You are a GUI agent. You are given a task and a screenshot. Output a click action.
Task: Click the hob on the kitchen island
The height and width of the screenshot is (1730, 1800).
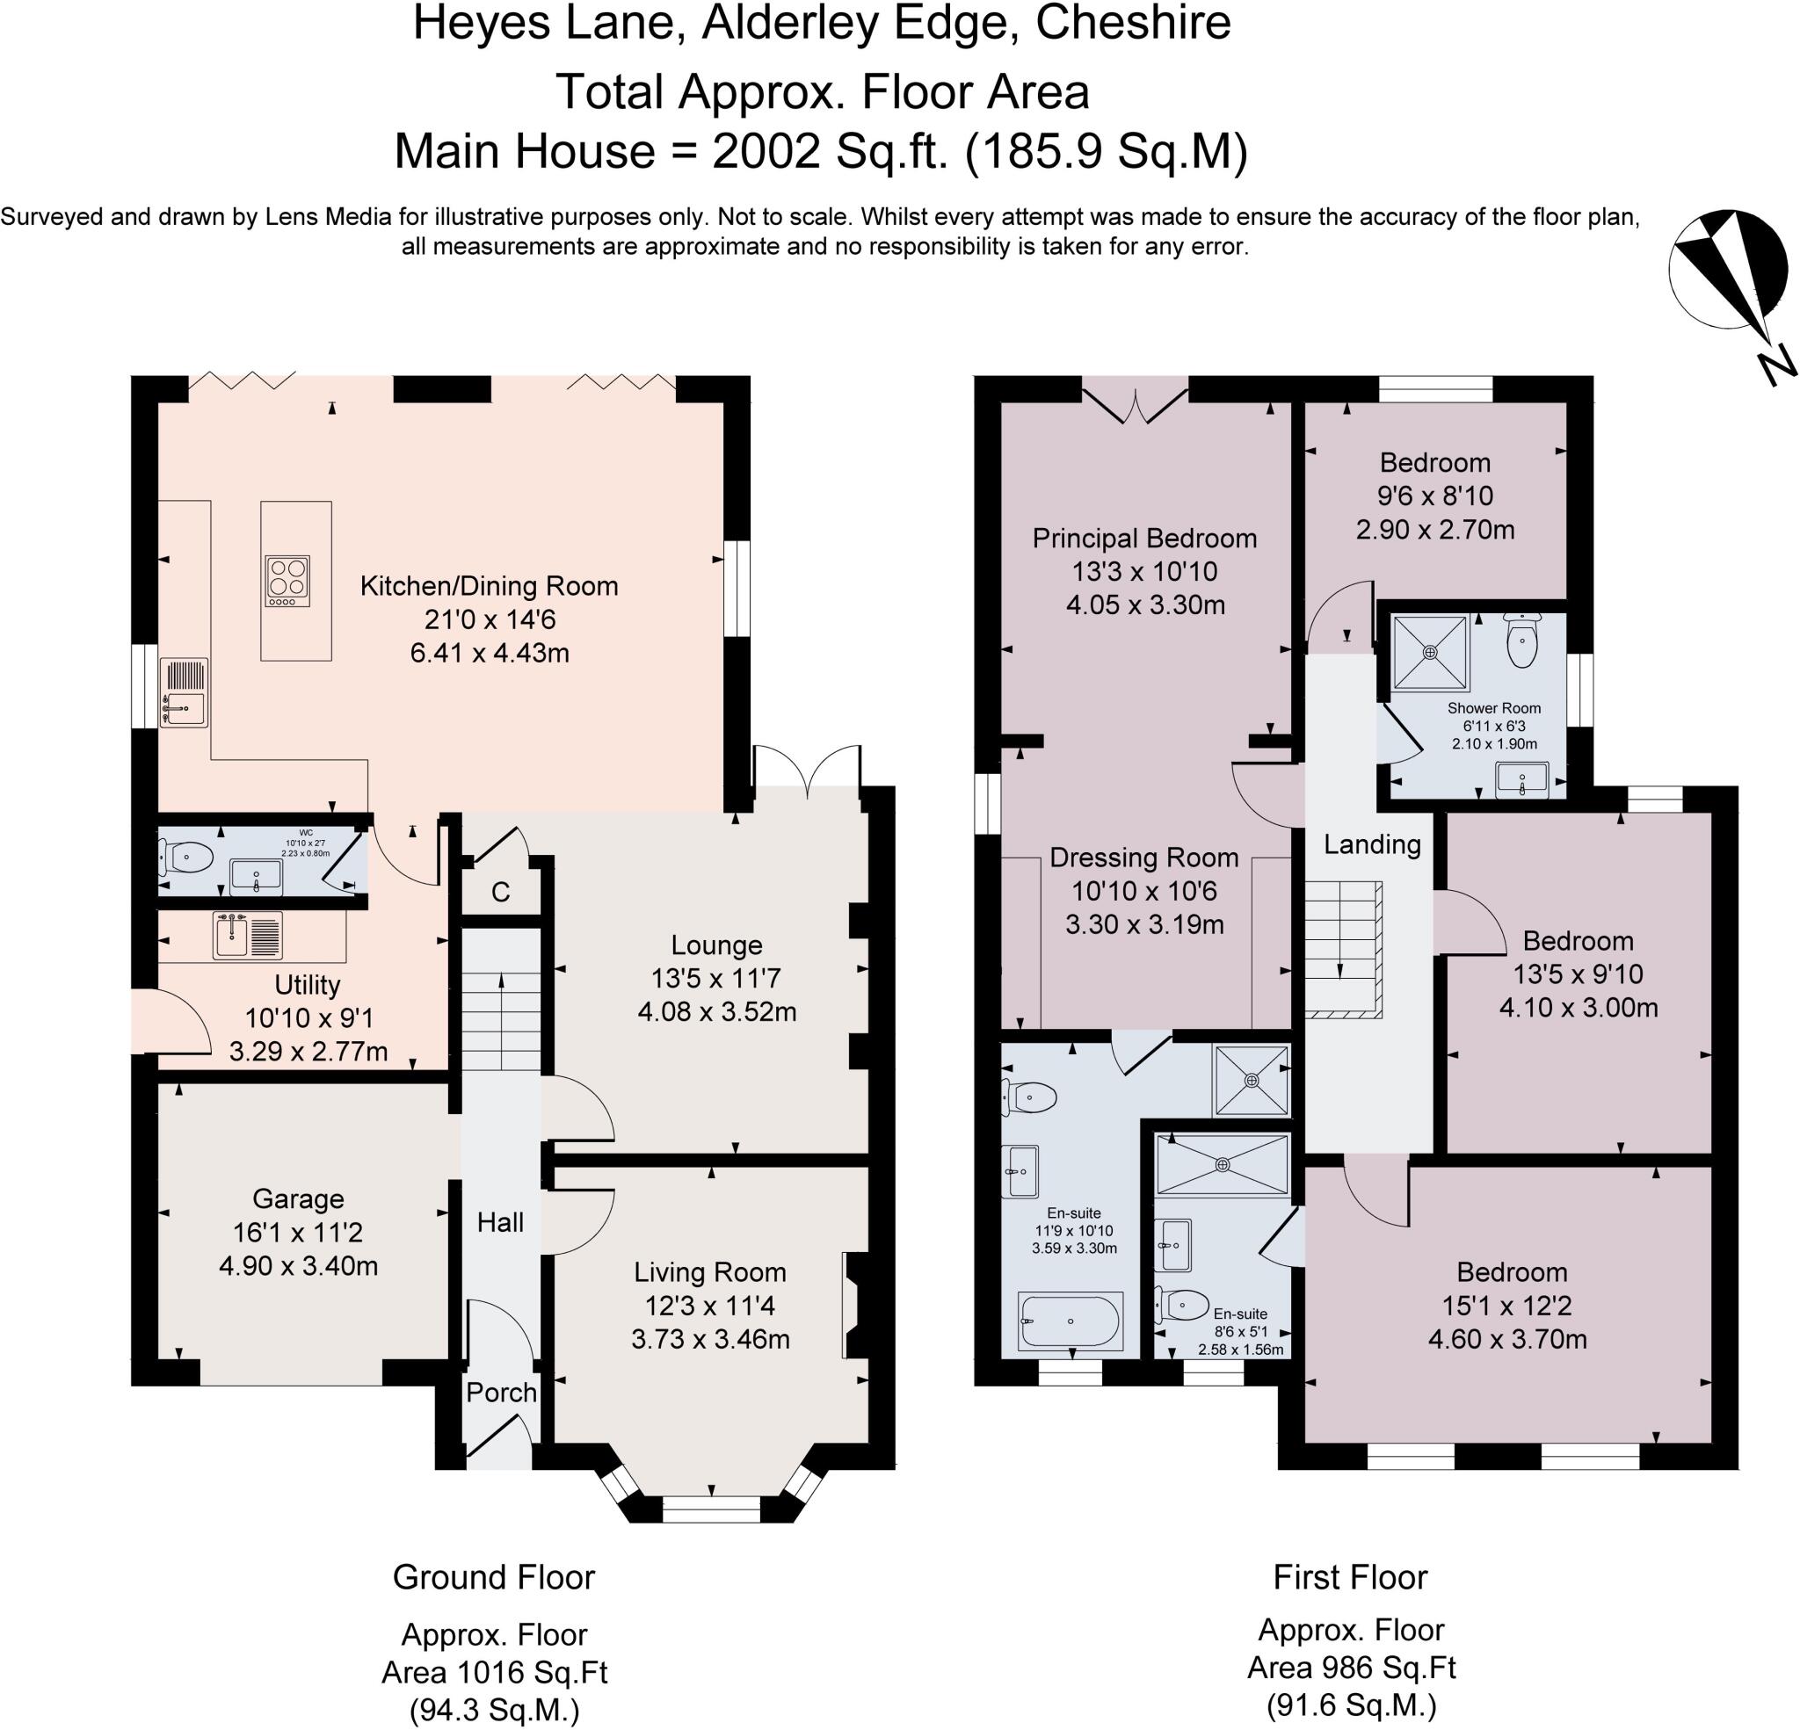coord(287,582)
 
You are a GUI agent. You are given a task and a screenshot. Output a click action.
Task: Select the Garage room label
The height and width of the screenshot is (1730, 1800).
coord(298,1198)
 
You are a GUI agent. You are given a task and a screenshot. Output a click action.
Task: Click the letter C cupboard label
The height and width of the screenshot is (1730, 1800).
coord(500,892)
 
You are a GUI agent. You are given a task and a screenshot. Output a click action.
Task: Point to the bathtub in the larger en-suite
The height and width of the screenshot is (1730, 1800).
coord(1070,1321)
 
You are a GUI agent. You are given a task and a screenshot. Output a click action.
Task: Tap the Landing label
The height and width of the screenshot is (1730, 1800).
coord(1372,843)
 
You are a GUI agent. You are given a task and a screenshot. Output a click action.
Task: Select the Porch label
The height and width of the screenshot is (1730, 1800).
coord(500,1392)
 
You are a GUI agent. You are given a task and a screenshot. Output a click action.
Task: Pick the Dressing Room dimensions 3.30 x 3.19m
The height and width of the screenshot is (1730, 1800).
coord(1144,923)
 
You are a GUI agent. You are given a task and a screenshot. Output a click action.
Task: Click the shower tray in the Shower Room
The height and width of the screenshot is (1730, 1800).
coord(1430,652)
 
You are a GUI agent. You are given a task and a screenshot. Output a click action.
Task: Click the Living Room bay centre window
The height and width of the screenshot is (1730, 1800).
coord(711,1509)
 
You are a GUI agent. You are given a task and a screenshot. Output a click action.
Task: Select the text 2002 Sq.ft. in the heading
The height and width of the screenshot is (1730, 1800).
coord(828,150)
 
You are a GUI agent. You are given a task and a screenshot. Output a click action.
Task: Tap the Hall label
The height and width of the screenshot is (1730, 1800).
coord(499,1222)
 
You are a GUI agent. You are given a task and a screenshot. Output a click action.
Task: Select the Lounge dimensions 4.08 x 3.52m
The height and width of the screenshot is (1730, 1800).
coord(716,1012)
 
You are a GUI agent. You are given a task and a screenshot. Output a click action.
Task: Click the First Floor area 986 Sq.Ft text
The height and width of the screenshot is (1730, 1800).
coord(1351,1667)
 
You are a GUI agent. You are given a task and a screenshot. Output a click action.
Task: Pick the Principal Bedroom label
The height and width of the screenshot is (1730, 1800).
coord(1144,538)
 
